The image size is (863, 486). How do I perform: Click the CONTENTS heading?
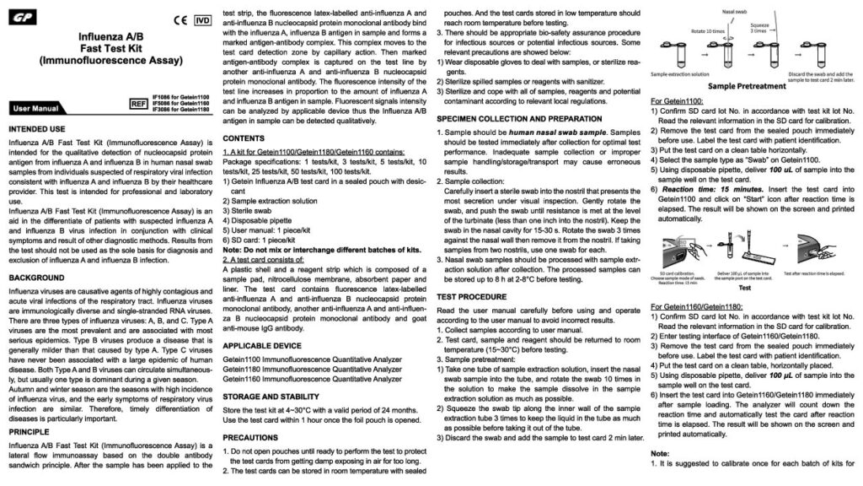[244, 137]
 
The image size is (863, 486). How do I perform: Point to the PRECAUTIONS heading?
[252, 437]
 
